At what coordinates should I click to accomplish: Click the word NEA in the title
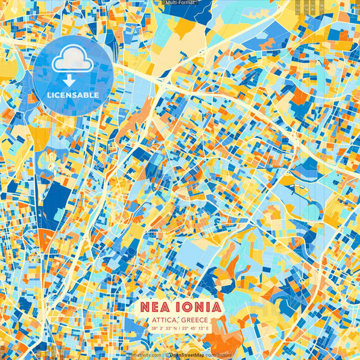pyautogui.click(x=157, y=307)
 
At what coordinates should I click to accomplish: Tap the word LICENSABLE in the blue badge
pyautogui.click(x=73, y=95)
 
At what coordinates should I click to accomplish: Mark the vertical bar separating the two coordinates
pyautogui.click(x=180, y=328)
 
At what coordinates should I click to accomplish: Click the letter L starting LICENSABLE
pyautogui.click(x=49, y=95)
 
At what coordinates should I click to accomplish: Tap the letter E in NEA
pyautogui.click(x=157, y=307)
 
